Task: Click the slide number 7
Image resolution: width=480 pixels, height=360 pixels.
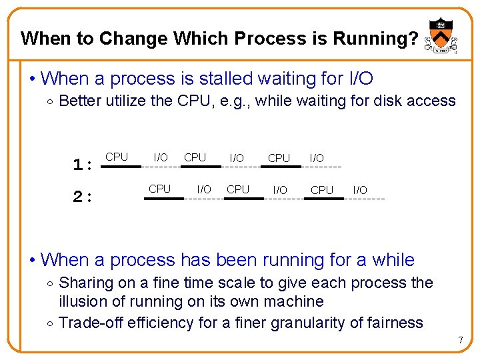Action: [x=460, y=341]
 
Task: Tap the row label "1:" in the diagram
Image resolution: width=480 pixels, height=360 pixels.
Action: [x=82, y=164]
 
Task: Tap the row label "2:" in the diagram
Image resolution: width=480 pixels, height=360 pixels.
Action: [x=82, y=196]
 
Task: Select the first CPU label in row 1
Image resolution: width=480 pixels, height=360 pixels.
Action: [x=117, y=157]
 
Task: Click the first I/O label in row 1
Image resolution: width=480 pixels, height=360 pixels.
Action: [x=161, y=157]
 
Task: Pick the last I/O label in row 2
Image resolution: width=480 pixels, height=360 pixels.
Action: [x=360, y=190]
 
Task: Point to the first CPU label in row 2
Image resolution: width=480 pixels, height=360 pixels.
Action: [x=160, y=189]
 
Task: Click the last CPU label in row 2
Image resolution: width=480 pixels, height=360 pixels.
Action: [x=322, y=190]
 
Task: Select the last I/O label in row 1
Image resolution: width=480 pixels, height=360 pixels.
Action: [x=317, y=158]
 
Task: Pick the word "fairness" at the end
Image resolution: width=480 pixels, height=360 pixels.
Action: [x=393, y=323]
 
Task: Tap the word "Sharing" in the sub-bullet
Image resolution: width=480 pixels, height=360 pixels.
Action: [x=86, y=283]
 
